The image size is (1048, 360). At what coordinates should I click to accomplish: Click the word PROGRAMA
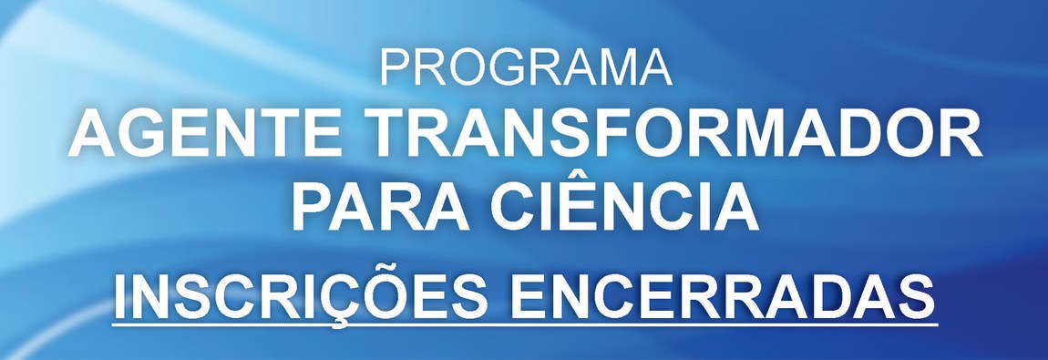525,67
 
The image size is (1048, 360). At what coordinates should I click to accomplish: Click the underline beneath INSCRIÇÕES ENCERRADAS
525,325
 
